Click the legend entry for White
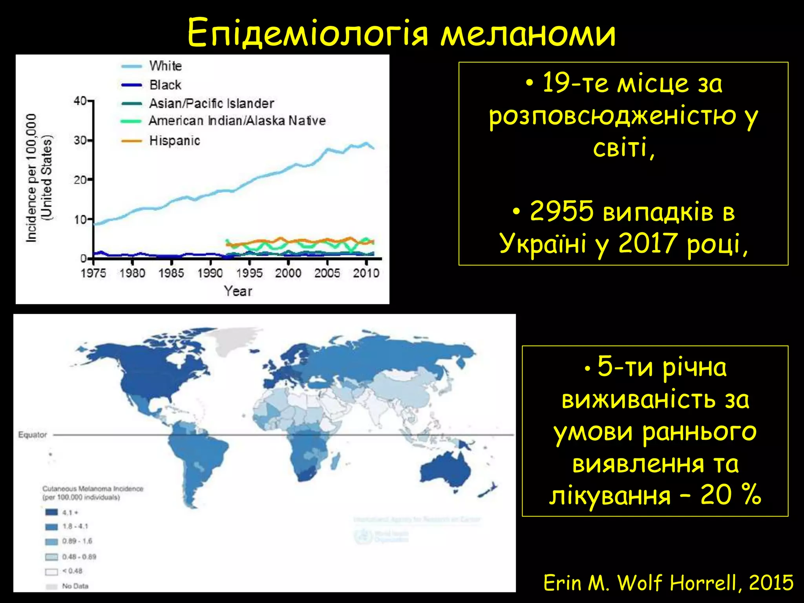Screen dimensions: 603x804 click(165, 66)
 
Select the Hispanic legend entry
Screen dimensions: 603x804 click(174, 141)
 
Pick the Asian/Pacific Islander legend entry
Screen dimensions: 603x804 click(211, 104)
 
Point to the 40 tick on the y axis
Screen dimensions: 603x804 click(80, 101)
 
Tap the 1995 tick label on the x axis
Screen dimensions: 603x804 click(249, 273)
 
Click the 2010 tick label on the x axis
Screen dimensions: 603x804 click(366, 273)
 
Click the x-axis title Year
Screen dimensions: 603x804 click(238, 291)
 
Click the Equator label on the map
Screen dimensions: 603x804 click(33, 435)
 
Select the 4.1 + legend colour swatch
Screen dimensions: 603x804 click(51, 512)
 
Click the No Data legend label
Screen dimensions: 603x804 click(75, 586)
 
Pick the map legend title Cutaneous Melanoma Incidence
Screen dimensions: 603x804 click(93, 489)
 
